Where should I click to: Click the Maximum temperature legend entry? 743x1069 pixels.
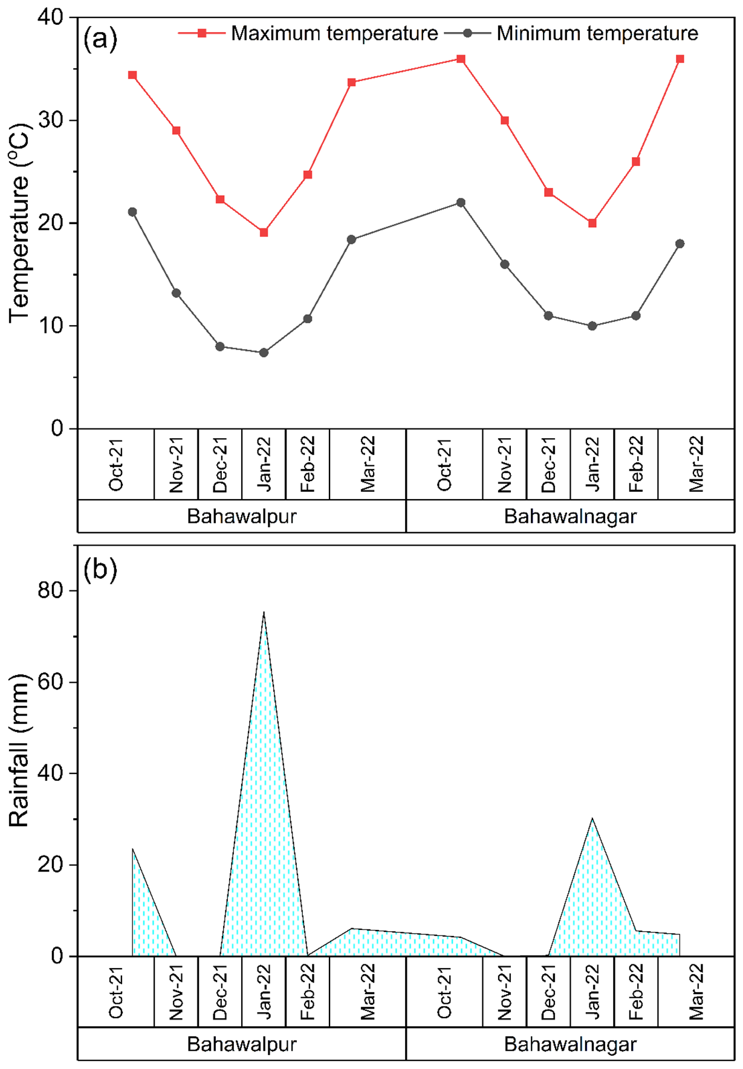pyautogui.click(x=334, y=33)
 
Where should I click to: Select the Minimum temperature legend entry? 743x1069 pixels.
pyautogui.click(x=597, y=33)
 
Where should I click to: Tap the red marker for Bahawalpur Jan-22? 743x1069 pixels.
pyautogui.click(x=264, y=233)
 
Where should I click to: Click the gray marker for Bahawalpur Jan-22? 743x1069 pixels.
pyautogui.click(x=264, y=353)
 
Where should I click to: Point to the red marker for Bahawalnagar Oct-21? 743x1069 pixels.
pyautogui.click(x=461, y=59)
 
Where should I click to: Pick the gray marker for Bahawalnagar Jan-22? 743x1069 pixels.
pyautogui.click(x=592, y=326)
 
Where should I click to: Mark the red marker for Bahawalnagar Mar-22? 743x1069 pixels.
pyautogui.click(x=680, y=59)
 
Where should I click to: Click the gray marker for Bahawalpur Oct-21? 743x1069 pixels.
pyautogui.click(x=132, y=212)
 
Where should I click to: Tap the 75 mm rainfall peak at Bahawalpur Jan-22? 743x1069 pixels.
pyautogui.click(x=264, y=613)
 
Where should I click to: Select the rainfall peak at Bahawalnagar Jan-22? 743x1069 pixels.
pyautogui.click(x=592, y=819)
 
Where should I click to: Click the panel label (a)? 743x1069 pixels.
pyautogui.click(x=100, y=39)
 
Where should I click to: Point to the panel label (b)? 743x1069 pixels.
pyautogui.click(x=100, y=569)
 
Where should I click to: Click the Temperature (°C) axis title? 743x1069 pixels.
pyautogui.click(x=19, y=224)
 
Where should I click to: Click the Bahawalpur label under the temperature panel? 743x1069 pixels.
pyautogui.click(x=242, y=517)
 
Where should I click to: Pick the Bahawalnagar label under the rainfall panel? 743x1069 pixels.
pyautogui.click(x=570, y=1044)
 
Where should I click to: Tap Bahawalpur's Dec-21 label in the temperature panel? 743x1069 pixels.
pyautogui.click(x=220, y=464)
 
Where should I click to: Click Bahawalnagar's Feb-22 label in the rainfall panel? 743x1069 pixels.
pyautogui.click(x=636, y=992)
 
